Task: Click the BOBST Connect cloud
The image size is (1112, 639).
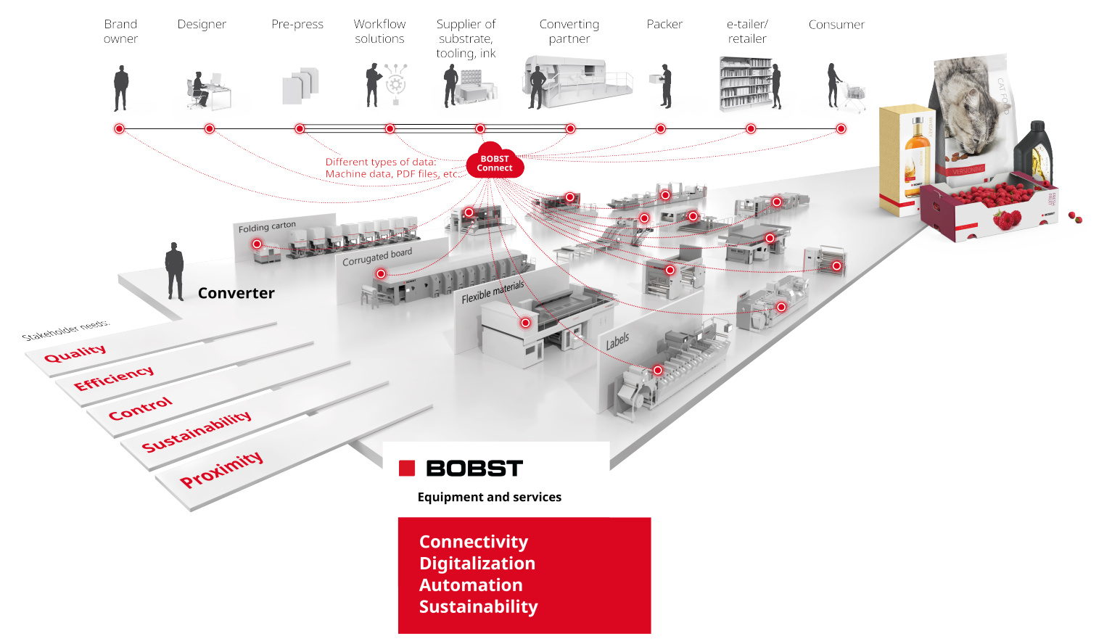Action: point(495,162)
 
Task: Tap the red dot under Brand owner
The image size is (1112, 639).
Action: point(120,128)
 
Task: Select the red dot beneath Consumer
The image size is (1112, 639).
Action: point(841,128)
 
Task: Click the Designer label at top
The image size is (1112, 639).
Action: point(202,25)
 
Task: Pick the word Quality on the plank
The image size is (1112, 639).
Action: point(75,353)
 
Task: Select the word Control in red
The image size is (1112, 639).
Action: point(141,408)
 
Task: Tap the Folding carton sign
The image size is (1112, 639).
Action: point(267,227)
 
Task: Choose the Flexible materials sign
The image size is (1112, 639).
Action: point(493,292)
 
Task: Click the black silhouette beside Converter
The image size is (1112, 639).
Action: point(174,271)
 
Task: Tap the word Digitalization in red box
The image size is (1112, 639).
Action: point(477,564)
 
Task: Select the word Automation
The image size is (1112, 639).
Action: point(470,585)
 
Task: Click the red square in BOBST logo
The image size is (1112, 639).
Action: point(407,468)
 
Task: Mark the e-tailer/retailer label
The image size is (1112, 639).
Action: point(747,31)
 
